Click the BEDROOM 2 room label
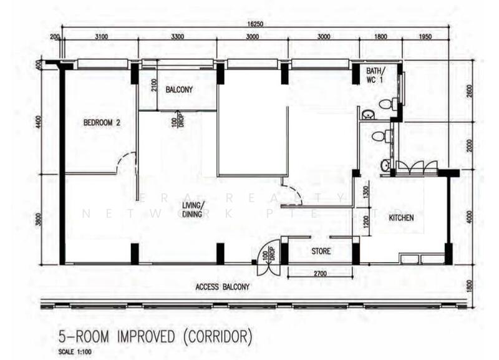point(101,123)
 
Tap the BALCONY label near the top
point(179,90)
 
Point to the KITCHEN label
point(401,218)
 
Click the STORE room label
point(321,251)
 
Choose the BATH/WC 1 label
point(375,74)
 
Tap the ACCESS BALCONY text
point(223,287)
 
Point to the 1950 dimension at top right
point(425,37)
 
